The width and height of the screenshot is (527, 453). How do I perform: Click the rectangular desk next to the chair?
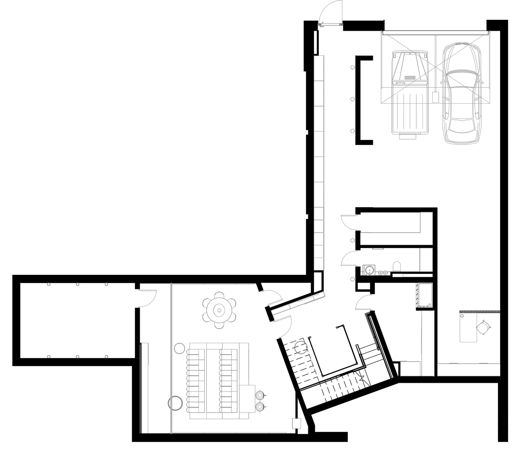click(x=468, y=327)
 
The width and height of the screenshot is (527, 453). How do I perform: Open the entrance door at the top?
click(x=330, y=13)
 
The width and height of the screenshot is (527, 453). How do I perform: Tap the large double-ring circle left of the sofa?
click(x=176, y=403)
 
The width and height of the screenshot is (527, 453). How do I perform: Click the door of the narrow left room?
click(x=148, y=298)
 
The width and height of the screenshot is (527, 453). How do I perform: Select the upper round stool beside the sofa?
click(x=260, y=394)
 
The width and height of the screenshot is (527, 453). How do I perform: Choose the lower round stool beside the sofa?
click(x=260, y=407)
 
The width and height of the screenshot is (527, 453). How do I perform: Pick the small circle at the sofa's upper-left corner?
click(x=179, y=349)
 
